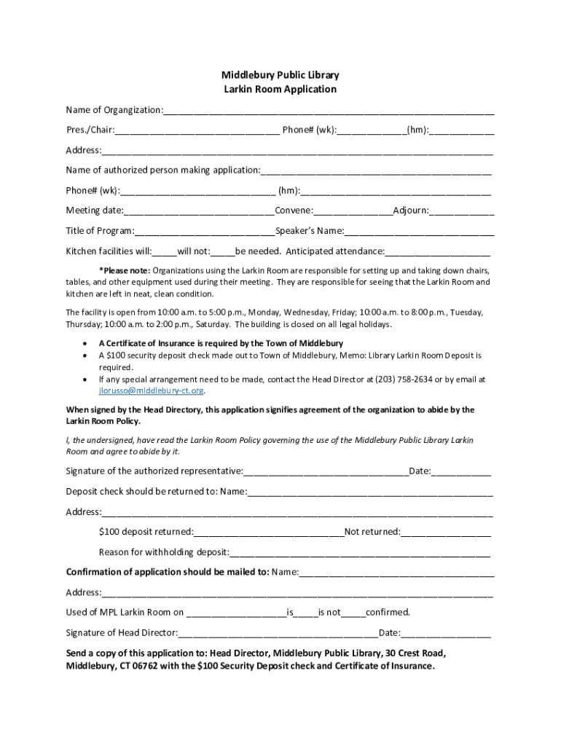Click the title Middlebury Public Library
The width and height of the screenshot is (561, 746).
[280, 75]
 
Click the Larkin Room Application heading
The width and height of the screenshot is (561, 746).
[280, 89]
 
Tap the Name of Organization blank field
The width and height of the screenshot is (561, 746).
[329, 111]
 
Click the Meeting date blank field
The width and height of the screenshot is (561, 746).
[199, 212]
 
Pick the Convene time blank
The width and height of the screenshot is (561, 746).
[353, 212]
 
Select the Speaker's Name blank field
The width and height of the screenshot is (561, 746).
[419, 232]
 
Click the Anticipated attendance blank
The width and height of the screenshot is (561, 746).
[437, 253]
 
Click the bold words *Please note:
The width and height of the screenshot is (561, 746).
[125, 270]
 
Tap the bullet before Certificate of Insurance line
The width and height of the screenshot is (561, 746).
[87, 343]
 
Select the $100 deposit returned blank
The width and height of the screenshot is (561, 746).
[269, 533]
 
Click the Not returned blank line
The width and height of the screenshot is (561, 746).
[445, 533]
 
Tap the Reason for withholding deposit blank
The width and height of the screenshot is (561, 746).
[360, 553]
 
